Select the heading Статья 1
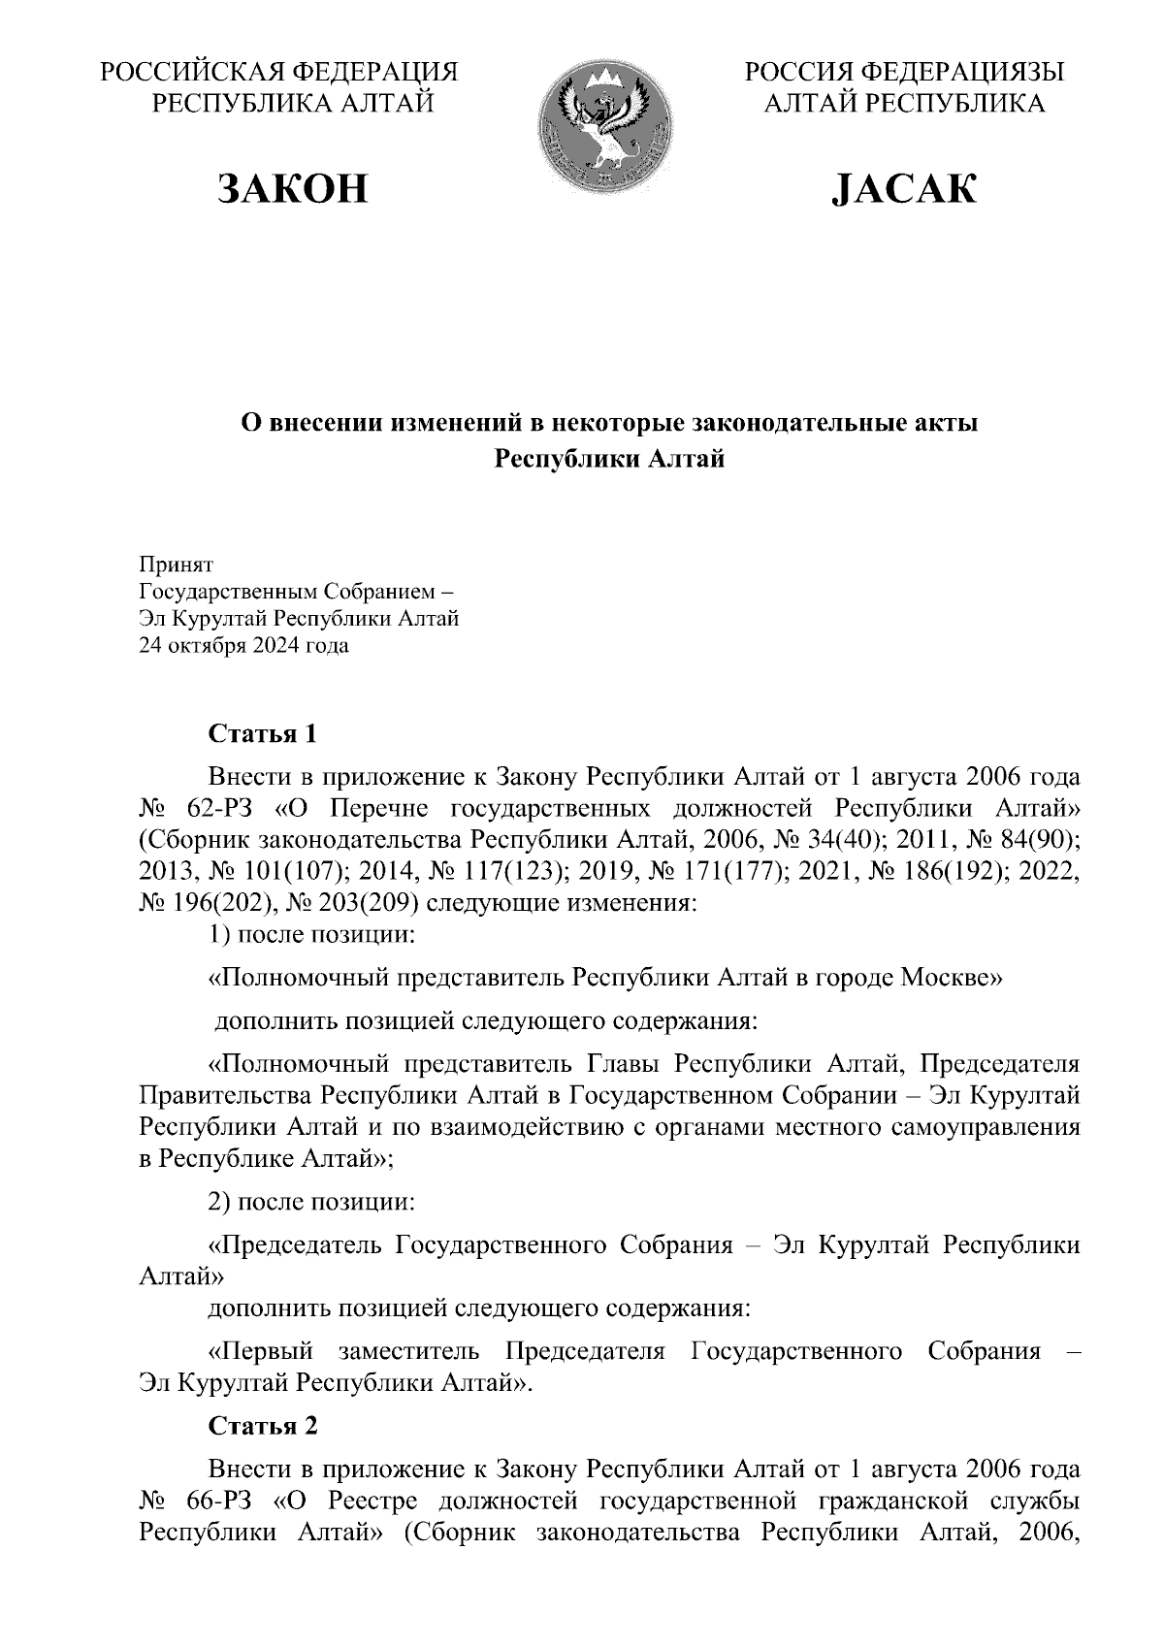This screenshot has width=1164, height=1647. [263, 734]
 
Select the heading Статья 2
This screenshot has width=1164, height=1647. [263, 1425]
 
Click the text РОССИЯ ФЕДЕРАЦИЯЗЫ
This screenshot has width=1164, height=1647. [903, 72]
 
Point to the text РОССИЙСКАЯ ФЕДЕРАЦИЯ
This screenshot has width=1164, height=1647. [279, 72]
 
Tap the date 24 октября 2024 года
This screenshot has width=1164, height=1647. [244, 645]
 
